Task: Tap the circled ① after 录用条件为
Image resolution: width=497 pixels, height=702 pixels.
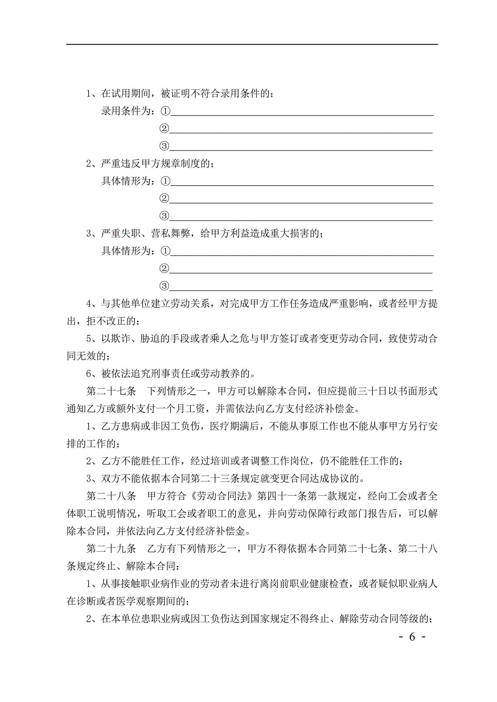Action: point(165,111)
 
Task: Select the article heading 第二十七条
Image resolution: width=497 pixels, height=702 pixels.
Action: point(111,391)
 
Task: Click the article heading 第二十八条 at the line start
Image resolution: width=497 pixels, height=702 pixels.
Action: point(111,496)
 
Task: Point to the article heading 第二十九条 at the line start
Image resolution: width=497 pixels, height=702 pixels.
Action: point(111,548)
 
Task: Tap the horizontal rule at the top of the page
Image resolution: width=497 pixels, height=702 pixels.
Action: point(252,44)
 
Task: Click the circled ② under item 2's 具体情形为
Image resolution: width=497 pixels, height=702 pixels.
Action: point(164,198)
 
